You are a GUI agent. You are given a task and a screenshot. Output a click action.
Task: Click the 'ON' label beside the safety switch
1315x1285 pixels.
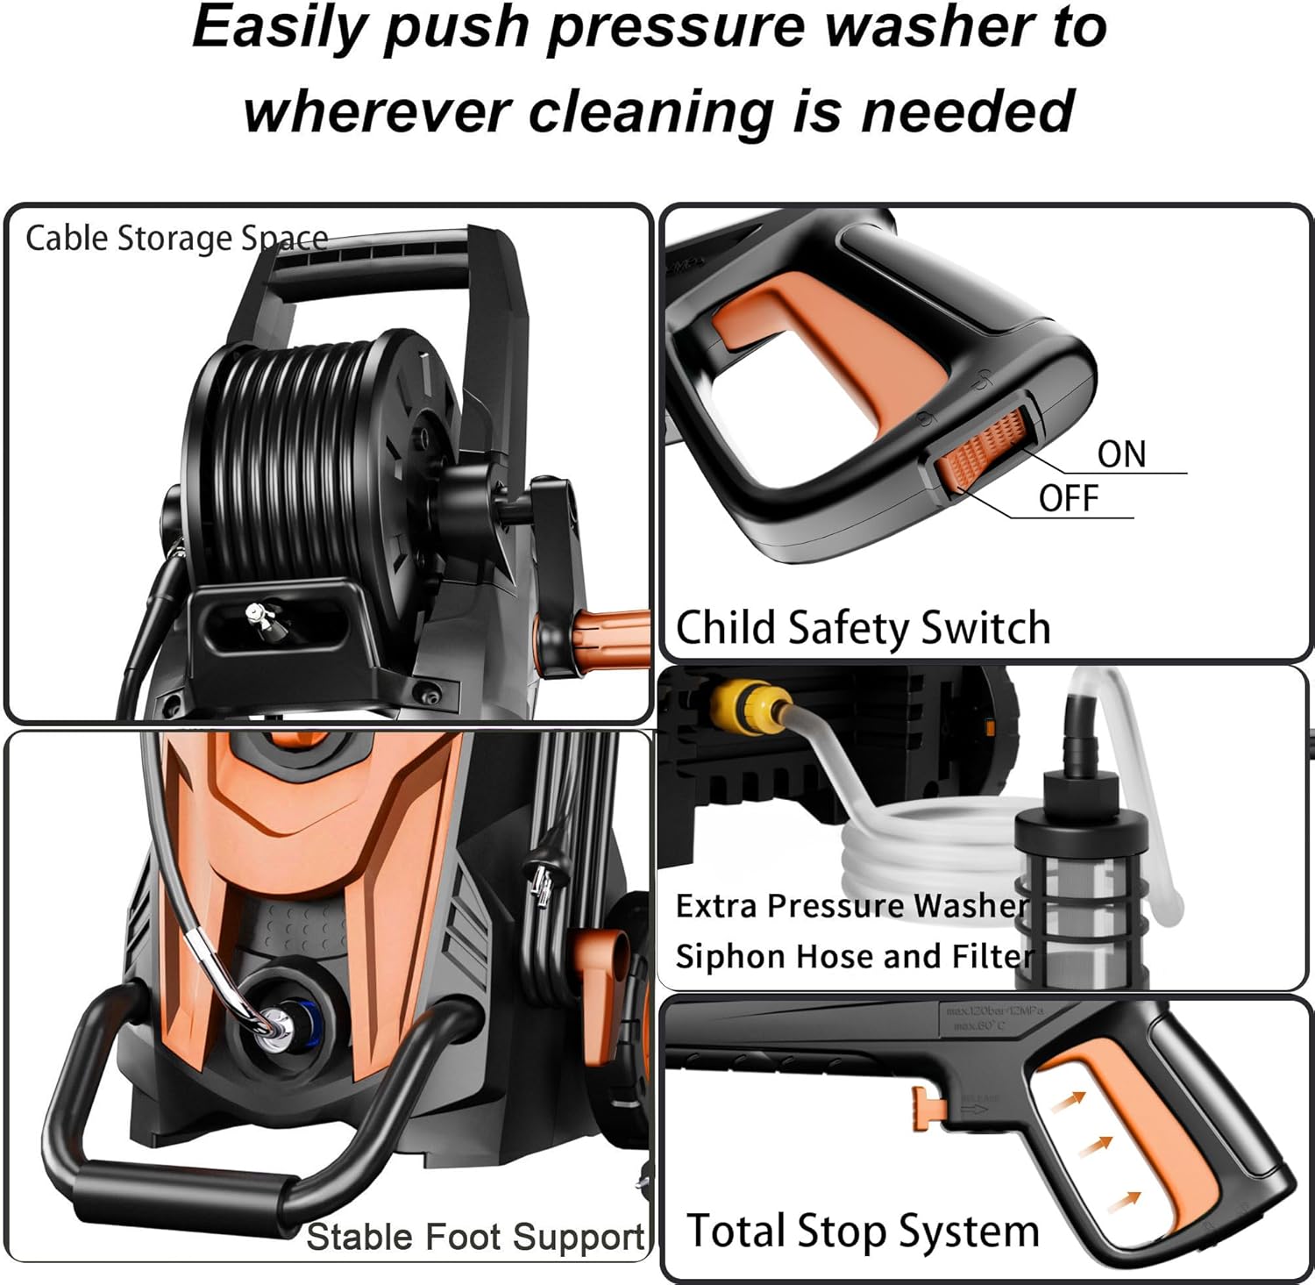pos(1121,454)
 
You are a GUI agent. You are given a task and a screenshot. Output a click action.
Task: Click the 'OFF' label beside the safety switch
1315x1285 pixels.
pos(1068,498)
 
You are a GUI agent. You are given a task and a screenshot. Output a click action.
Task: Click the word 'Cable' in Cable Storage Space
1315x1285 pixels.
pos(68,238)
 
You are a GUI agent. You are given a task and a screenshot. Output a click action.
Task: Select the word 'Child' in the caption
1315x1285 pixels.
pos(726,627)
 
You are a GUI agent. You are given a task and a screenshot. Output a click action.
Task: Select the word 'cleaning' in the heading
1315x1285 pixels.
pos(651,112)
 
